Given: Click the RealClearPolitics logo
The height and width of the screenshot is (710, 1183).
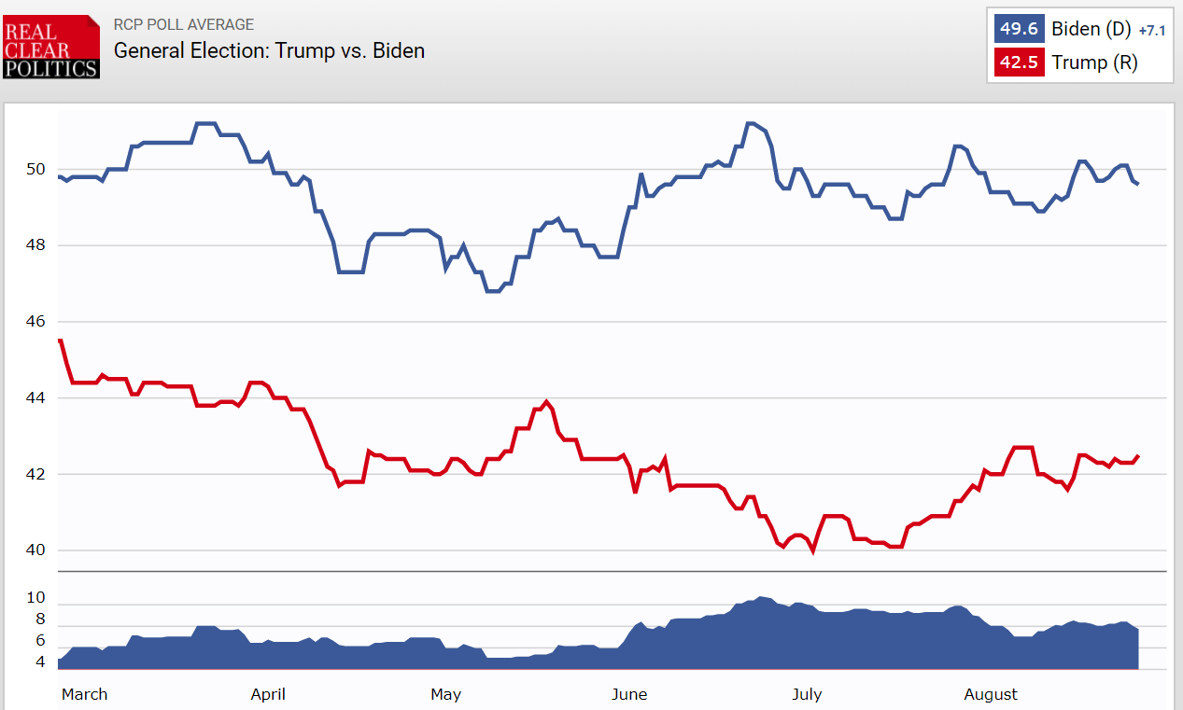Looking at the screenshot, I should (x=51, y=47).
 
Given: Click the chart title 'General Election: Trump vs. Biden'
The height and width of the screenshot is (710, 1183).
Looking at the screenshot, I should (x=269, y=50).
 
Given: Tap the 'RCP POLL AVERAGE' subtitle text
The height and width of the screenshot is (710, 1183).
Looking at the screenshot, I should (x=183, y=25).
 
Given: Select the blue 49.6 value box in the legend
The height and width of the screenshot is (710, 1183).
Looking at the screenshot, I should (x=1019, y=29).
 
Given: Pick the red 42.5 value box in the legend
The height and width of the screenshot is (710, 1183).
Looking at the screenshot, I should (x=1019, y=63).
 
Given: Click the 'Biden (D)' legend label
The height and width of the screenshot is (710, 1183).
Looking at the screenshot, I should (x=1091, y=29).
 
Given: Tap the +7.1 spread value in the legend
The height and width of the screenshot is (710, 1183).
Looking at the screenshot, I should (x=1152, y=31).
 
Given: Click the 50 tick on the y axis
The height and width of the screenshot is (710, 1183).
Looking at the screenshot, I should (x=36, y=169).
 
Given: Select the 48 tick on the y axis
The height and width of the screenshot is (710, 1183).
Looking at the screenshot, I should (x=36, y=245).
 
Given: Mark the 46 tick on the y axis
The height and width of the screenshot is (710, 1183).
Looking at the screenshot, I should (x=36, y=322).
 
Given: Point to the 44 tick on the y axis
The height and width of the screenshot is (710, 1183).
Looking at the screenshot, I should (x=36, y=398).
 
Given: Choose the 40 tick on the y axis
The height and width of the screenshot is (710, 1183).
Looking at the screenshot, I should (x=36, y=550).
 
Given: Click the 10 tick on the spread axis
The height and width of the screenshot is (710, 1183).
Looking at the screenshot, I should (x=36, y=598).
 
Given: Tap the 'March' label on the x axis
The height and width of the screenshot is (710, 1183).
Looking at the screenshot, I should (x=84, y=694).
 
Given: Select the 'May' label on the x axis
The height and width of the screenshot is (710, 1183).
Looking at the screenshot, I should (x=445, y=694).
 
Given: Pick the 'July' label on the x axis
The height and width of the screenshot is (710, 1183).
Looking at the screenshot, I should (x=807, y=694).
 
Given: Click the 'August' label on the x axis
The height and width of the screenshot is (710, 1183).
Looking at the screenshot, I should (x=991, y=694).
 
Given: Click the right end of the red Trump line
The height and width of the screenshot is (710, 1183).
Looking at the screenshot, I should (x=1138, y=455).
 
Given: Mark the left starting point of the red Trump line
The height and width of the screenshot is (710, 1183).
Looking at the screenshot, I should (x=60, y=341).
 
